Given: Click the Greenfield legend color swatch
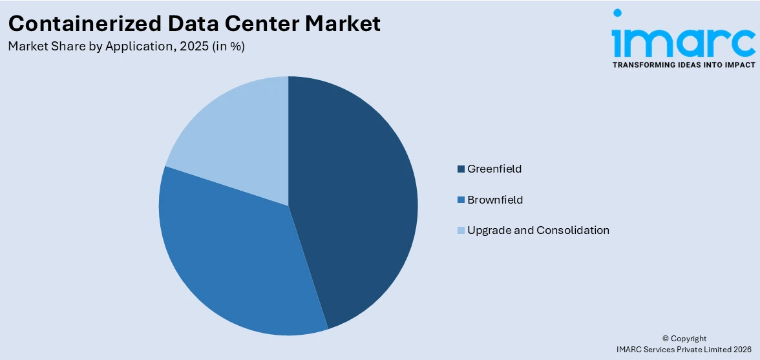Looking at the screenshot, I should point(461,169).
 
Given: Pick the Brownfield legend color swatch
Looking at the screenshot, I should point(461,200).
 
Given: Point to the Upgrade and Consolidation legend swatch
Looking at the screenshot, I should point(461,230).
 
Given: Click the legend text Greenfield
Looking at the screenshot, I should point(494,169).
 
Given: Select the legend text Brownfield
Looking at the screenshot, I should point(495,200).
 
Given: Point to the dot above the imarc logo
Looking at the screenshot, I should point(617,12).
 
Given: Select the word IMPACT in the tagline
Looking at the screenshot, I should point(735,65).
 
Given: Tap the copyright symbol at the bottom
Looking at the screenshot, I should point(666,339).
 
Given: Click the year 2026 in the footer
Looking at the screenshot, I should point(743,349).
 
